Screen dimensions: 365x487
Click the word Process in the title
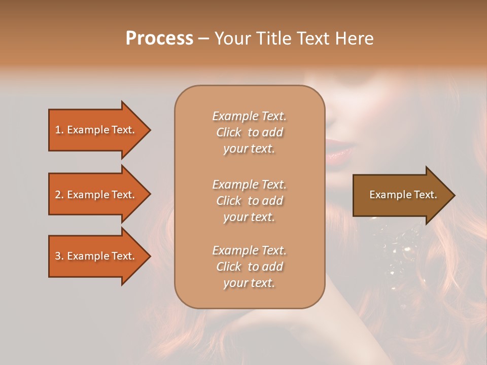159,39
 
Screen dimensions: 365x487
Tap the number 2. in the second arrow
59,195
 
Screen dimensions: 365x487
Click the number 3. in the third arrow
59,256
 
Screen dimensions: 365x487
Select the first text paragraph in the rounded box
249,132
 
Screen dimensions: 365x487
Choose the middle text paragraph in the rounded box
249,201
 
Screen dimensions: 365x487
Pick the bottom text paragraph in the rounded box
249,267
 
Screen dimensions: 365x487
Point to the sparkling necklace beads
398,251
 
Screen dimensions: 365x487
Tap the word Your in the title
232,39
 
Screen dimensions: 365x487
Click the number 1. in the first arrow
59,130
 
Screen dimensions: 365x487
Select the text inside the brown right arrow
403,195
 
